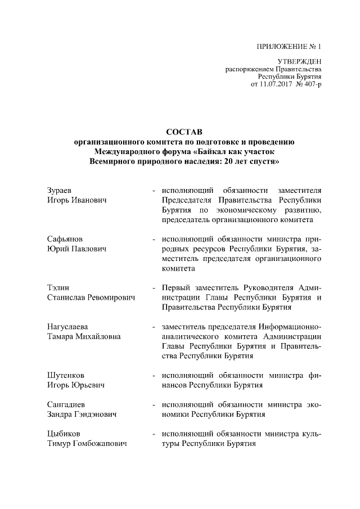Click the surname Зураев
click(59, 190)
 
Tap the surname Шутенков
click(65, 375)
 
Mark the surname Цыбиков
click(64, 434)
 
